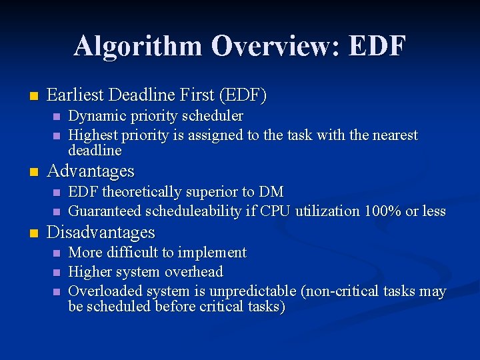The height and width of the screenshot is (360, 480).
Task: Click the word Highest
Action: click(x=93, y=135)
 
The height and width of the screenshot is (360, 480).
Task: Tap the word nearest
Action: click(x=392, y=135)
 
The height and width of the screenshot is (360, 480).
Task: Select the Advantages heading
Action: click(x=91, y=171)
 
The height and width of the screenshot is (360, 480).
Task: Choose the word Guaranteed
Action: click(x=104, y=211)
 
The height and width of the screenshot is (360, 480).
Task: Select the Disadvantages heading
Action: click(x=101, y=233)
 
